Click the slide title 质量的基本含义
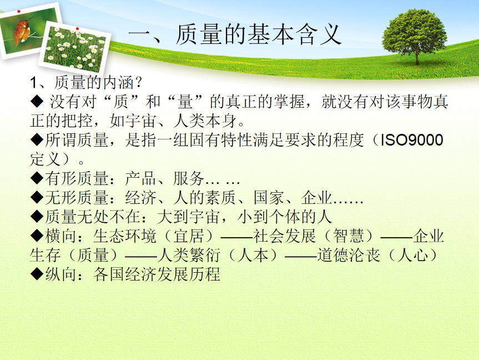point(258,34)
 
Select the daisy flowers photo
point(74,49)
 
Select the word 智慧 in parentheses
point(349,236)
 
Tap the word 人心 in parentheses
point(413,256)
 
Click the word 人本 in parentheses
point(253,256)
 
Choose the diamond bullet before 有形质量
point(37,179)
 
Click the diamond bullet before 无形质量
point(37,198)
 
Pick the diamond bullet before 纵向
point(37,274)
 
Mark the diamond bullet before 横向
point(37,236)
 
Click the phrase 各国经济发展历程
point(157,274)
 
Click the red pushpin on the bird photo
point(19,11)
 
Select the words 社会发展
point(284,236)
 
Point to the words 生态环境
point(125,236)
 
